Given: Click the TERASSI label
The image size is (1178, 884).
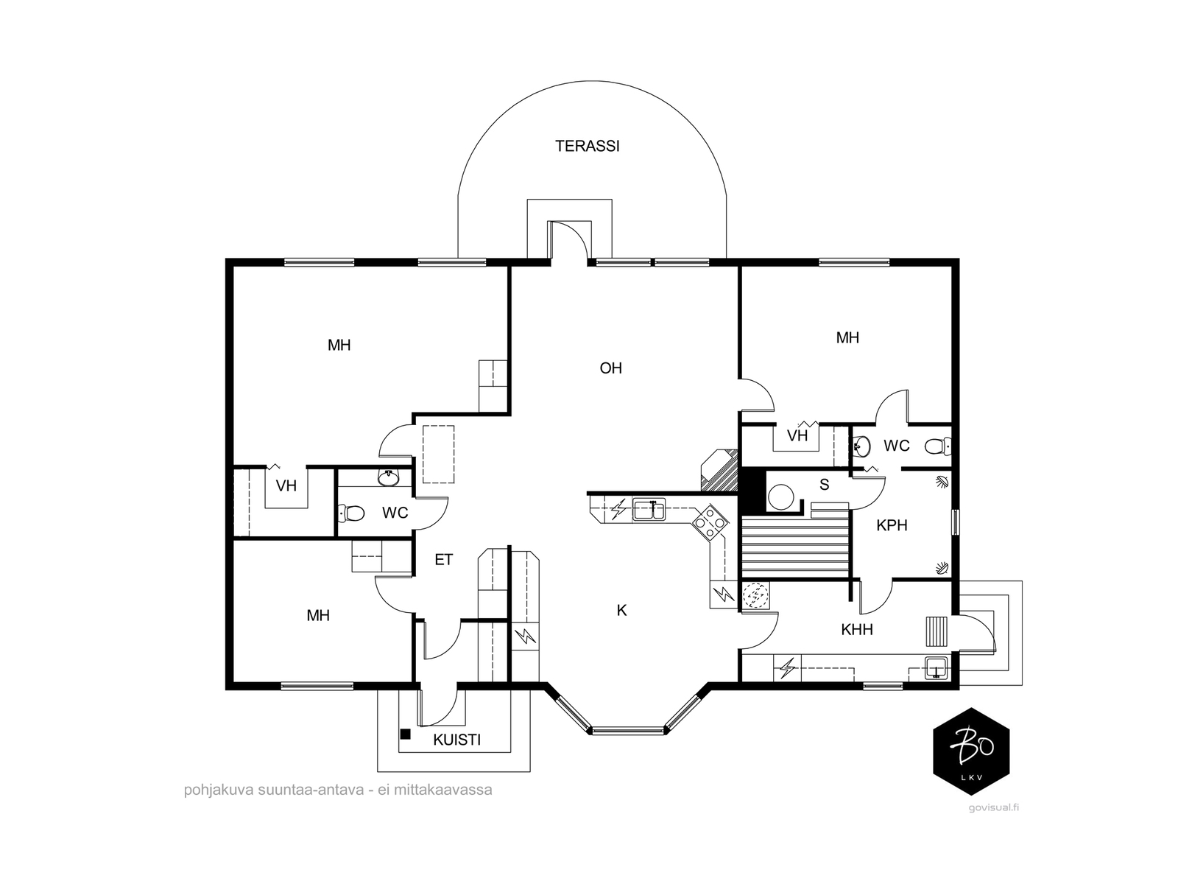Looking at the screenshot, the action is (x=587, y=146).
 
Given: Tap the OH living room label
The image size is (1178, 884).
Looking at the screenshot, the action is (x=611, y=368).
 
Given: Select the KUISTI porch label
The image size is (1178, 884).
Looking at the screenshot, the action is (x=456, y=740).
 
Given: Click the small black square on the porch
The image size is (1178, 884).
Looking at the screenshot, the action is (x=405, y=734).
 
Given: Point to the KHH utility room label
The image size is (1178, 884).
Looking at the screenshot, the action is (x=857, y=630).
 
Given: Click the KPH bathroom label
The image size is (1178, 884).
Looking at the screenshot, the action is (x=892, y=525).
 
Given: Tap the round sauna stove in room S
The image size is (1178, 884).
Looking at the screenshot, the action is (x=780, y=497).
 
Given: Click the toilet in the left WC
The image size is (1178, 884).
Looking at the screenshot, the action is (x=351, y=513).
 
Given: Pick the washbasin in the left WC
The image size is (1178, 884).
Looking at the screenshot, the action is (x=388, y=477).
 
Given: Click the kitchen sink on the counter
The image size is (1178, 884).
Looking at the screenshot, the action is (x=649, y=509).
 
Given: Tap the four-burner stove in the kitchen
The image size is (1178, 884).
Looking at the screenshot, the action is (x=710, y=522).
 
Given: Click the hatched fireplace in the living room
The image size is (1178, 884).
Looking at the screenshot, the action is (x=719, y=470).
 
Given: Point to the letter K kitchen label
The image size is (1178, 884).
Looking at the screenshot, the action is (x=621, y=610).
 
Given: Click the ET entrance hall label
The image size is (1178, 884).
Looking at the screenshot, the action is (x=444, y=560).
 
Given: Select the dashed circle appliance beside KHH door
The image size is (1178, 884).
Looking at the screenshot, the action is (x=755, y=595).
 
